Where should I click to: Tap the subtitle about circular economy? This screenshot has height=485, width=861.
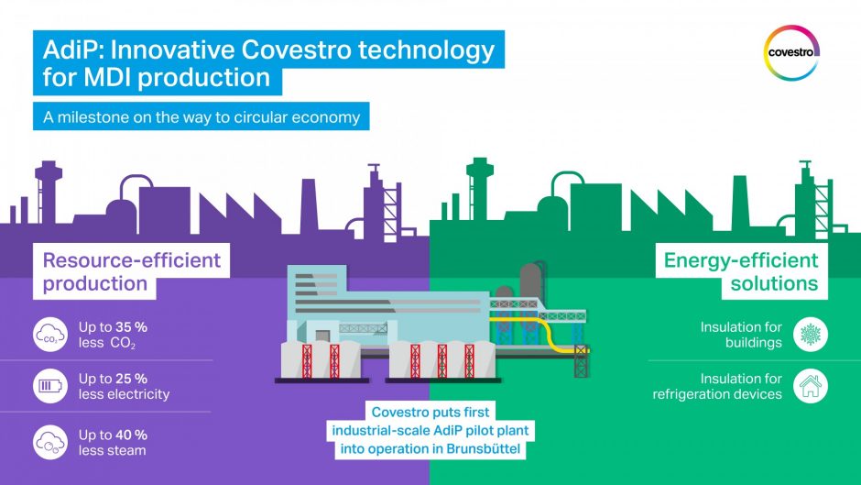click(x=202, y=117)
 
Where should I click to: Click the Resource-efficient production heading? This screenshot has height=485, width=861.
click(x=131, y=271)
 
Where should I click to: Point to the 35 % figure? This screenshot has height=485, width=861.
click(x=132, y=326)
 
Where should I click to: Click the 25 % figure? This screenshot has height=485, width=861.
click(x=132, y=379)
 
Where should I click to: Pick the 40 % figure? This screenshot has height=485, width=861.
click(x=132, y=434)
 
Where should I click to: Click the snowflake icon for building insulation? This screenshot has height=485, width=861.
click(x=811, y=335)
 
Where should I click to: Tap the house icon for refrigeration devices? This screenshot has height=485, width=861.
click(x=811, y=386)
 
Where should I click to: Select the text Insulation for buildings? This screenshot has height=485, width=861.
click(x=741, y=335)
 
